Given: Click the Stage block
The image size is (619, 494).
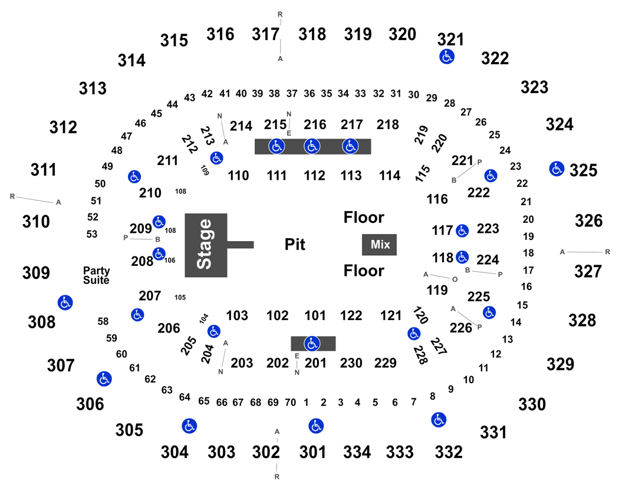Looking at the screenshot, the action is coord(206,245).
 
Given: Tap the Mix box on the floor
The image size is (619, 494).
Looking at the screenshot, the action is coord(380,245).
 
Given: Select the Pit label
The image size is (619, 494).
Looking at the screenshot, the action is coord(295,245).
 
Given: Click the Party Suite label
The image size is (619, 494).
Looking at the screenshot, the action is coord(96,275).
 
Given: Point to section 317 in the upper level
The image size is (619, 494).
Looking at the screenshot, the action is coord(266,34).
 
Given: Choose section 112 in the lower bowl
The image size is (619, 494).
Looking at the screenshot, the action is coord(314,175).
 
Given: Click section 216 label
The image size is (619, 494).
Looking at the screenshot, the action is coord(315,125).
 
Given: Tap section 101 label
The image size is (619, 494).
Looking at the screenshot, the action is coord(314,315).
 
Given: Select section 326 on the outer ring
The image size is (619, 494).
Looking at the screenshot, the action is coord(588,220).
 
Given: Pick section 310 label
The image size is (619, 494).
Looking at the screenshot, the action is coord(36,222).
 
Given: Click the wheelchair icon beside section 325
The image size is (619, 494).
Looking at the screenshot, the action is coord(557,169).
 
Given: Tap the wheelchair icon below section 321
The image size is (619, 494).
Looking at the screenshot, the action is coord(447,57).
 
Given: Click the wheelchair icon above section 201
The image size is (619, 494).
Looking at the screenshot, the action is coord(312,344).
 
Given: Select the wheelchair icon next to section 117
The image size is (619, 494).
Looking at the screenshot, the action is coord(462,230).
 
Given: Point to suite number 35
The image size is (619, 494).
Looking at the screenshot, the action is coord(326,94).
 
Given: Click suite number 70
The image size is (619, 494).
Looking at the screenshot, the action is coord(290,403).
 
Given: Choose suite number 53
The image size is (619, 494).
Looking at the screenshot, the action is coord(91,234).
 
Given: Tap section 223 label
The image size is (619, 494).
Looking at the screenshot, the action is coord(488,229).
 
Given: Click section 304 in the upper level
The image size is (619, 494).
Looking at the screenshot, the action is coord(174,452).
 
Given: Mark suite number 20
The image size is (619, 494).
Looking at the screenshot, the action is coord(528,219).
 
